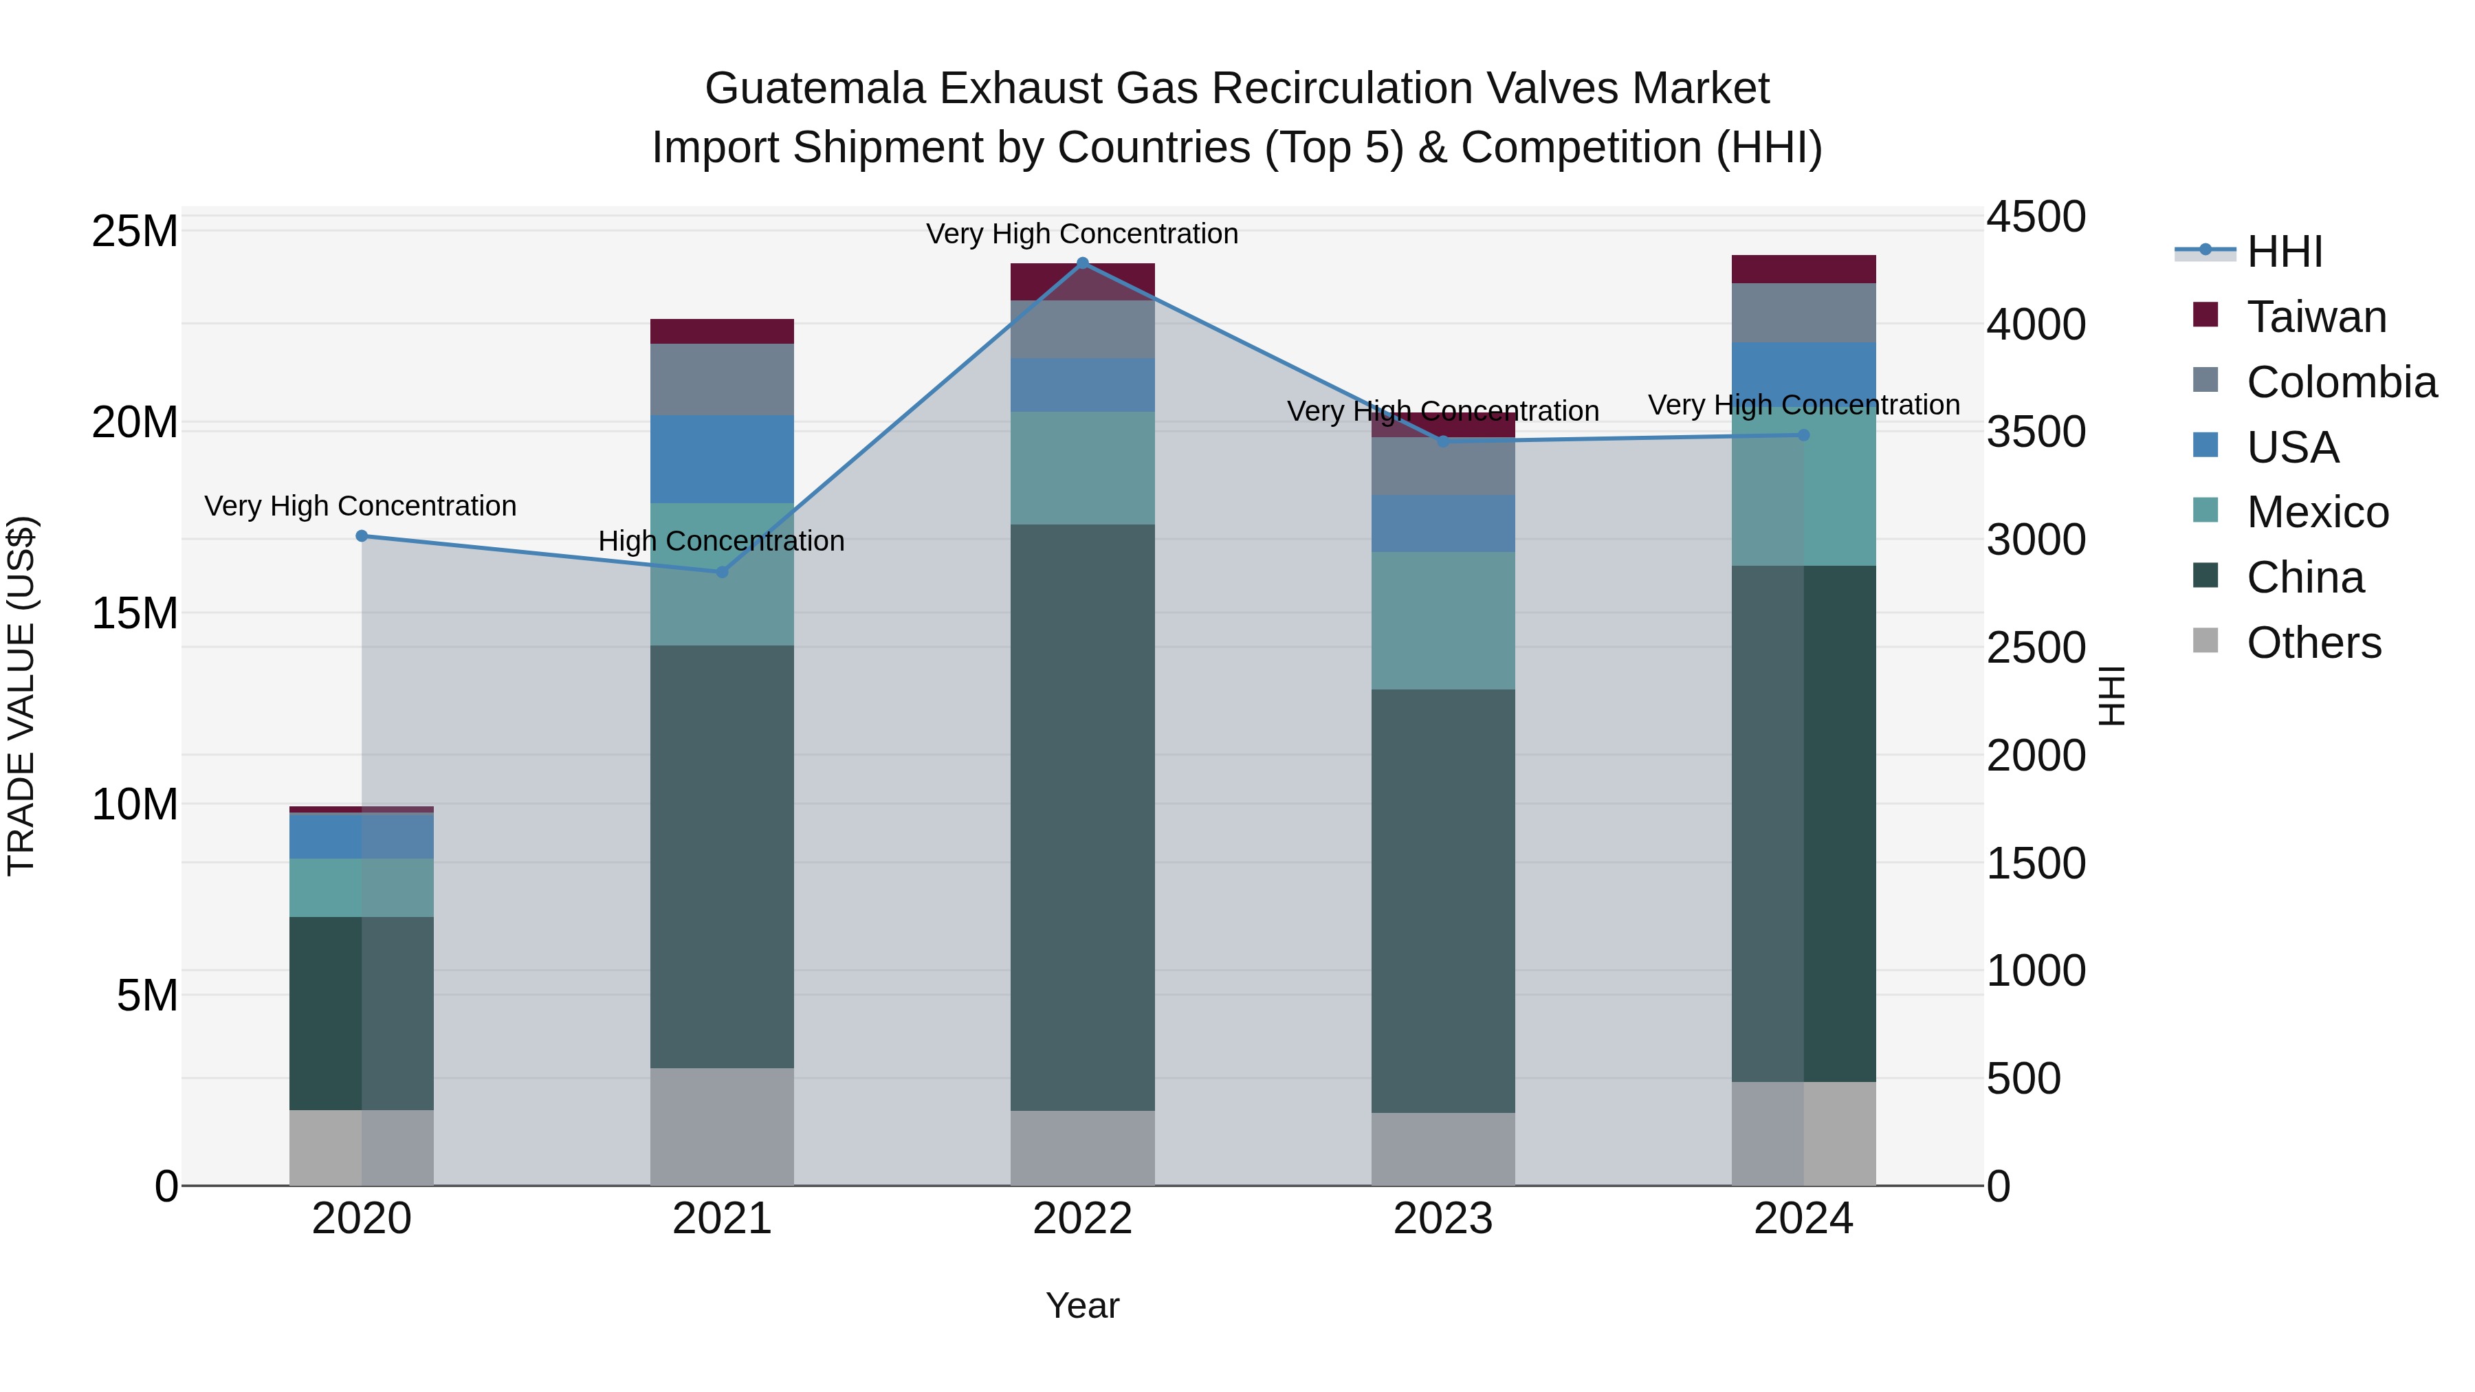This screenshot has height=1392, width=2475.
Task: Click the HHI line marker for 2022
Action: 1082,263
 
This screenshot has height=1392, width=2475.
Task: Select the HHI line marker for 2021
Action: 722,573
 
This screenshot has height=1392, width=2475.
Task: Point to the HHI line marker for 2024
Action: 1803,435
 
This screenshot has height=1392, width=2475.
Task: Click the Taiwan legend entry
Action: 2315,317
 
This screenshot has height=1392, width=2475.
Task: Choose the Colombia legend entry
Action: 2340,382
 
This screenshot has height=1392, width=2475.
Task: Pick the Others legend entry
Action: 2313,643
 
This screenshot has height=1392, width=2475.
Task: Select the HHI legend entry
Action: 2284,252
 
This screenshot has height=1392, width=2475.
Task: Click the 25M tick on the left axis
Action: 135,232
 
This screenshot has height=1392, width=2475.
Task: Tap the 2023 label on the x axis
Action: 1442,1219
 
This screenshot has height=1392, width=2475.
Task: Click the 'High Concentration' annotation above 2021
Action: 722,541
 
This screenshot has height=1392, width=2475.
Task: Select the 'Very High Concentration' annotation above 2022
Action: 1082,234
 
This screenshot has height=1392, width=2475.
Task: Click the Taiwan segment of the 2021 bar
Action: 722,331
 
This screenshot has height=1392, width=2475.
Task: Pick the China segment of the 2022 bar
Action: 1082,817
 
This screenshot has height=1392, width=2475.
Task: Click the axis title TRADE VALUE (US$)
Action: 21,696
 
